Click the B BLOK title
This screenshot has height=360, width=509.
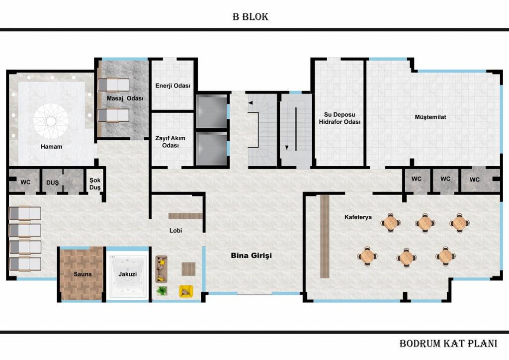pyautogui.click(x=251, y=16)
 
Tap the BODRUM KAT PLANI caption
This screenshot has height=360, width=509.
pyautogui.click(x=448, y=344)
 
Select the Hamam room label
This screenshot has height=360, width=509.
pyautogui.click(x=51, y=147)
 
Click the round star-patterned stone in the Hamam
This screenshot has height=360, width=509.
pyautogui.click(x=51, y=121)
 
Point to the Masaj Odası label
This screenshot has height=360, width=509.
pyautogui.click(x=125, y=98)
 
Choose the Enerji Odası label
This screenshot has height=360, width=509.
pyautogui.click(x=172, y=86)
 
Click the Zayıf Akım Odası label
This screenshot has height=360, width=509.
pyautogui.click(x=170, y=142)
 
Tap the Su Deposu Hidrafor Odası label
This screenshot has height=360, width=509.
pyautogui.click(x=339, y=118)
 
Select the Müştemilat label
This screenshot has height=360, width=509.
pyautogui.click(x=430, y=117)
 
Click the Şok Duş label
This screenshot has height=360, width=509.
pyautogui.click(x=95, y=184)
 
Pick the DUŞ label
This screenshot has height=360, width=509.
pyautogui.click(x=52, y=183)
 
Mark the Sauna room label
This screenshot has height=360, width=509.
pyautogui.click(x=83, y=274)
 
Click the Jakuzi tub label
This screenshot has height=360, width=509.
pyautogui.click(x=128, y=274)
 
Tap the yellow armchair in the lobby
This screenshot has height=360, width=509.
pyautogui.click(x=186, y=291)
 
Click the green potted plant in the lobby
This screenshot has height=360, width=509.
pyautogui.click(x=162, y=290)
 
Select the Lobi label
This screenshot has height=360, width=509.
pyautogui.click(x=175, y=231)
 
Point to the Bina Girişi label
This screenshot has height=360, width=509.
pyautogui.click(x=251, y=256)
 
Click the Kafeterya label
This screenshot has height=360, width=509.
pyautogui.click(x=358, y=217)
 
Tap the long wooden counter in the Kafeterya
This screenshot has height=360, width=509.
pyautogui.click(x=325, y=236)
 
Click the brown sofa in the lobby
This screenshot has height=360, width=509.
pyautogui.click(x=162, y=269)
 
